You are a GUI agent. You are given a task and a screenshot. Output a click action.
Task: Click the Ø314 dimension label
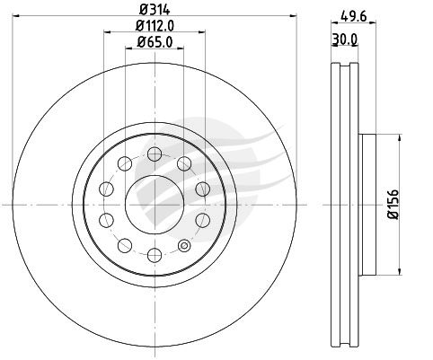pos(155,10)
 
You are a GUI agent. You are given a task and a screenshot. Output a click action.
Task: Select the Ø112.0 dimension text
pos(155,26)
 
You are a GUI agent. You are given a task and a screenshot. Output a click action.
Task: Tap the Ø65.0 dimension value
pos(155,42)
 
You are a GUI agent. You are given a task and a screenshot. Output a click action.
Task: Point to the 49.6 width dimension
pos(354,16)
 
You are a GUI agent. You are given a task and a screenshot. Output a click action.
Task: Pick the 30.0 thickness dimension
pos(345,39)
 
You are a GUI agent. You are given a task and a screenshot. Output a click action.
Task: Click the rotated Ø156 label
pos(393,204)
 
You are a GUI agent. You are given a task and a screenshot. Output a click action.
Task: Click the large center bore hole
pos(155,205)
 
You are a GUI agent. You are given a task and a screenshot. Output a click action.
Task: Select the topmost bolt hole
pos(155,154)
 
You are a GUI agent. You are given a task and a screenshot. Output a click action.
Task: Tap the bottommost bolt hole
pos(155,255)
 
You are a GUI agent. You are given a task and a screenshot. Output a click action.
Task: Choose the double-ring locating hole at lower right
pos(184,246)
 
